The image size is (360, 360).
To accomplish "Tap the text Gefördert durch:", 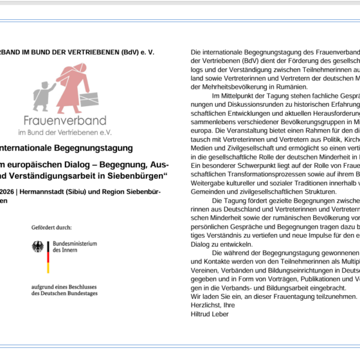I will [x=53, y=228].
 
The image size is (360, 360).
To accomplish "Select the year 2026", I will [x=10, y=192].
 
